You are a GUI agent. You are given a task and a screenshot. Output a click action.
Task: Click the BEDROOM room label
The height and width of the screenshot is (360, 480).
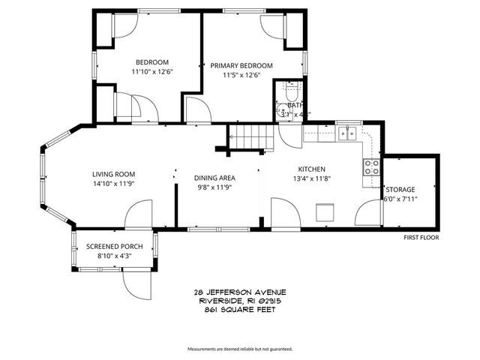click(151, 62)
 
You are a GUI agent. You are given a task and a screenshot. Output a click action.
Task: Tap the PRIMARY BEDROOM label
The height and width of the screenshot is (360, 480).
click(241, 65)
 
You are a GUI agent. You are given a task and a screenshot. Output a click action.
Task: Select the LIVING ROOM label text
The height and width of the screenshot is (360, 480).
click(113, 174)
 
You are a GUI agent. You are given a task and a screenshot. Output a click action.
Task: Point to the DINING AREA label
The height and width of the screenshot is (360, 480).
click(215, 178)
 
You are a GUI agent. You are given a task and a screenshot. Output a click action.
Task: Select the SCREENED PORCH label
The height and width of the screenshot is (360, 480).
click(113, 247)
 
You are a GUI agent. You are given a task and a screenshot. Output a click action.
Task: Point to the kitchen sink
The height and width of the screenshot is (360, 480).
click(347, 133)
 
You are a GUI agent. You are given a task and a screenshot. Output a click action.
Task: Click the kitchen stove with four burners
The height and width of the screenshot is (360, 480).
click(370, 167)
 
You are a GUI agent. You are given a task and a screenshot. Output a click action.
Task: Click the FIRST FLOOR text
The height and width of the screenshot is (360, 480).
click(421, 237)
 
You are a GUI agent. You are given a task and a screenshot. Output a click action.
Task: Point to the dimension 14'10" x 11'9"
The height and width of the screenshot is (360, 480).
click(113, 184)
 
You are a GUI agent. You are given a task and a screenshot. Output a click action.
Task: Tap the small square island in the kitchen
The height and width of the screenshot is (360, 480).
click(325, 211)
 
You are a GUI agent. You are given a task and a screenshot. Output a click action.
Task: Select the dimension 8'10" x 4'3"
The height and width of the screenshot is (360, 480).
click(113, 256)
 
